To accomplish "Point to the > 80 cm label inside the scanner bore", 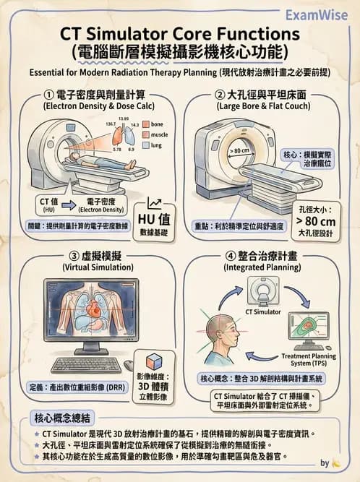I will tap(239, 150).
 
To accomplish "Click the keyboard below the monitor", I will tap(86, 363).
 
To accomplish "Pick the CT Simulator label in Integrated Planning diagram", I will tap(264, 312).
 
